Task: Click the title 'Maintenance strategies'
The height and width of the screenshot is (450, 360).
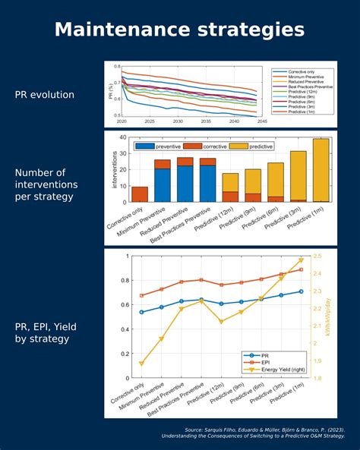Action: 180,30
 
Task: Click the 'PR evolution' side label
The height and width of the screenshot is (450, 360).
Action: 45,95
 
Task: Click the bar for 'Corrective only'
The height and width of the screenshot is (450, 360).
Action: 140,194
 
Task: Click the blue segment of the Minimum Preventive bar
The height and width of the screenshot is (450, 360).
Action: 163,185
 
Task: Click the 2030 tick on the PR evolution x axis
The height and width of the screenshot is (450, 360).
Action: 177,121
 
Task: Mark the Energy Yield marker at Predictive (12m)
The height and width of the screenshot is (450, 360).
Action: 221,322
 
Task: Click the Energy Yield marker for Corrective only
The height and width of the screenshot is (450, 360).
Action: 142,363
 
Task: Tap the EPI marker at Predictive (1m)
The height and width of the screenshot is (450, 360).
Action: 301,269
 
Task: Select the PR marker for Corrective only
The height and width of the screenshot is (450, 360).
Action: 142,312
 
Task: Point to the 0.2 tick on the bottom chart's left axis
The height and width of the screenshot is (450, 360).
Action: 125,353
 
